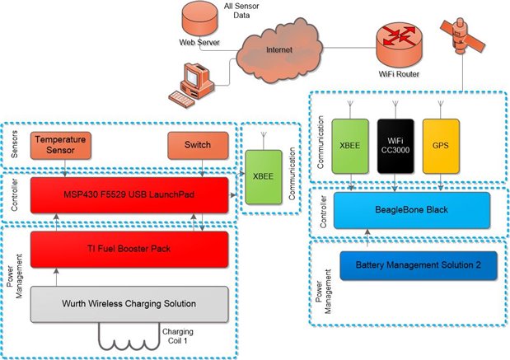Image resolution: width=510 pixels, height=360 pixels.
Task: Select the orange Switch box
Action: pos(195,146)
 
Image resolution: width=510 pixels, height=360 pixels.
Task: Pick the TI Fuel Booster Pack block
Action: pos(129,247)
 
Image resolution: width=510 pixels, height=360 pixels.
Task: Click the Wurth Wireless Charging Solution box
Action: pos(129,303)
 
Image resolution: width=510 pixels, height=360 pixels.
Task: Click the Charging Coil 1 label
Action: pos(182,337)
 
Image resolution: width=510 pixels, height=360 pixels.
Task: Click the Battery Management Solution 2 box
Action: pos(417,265)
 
